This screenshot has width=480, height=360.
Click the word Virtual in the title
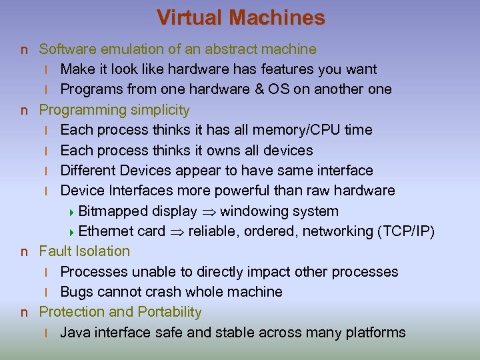189,17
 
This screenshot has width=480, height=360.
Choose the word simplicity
159,109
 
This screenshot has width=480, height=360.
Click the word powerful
239,191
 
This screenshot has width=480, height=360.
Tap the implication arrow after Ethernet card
177,232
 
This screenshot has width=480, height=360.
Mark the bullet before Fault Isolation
24,251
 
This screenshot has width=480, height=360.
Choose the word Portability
169,311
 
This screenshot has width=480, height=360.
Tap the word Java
75,332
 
